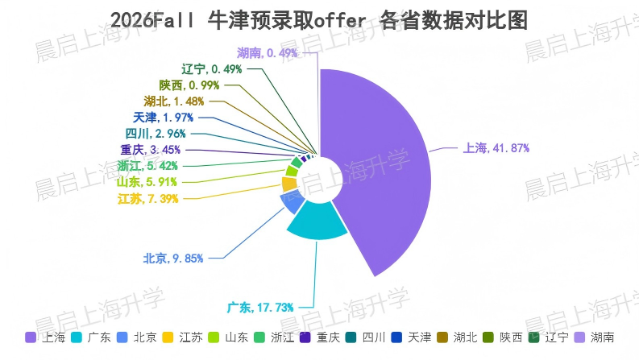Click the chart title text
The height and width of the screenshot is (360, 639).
coord(319,20)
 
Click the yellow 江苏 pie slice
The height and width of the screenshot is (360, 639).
coord(289,184)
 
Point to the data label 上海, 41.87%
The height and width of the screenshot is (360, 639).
coord(496,147)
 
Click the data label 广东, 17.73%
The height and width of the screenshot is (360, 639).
coord(260,307)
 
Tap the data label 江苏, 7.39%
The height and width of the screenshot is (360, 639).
coord(147,198)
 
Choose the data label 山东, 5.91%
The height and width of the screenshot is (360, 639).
coord(147,182)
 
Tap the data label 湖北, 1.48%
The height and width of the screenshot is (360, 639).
coord(174,101)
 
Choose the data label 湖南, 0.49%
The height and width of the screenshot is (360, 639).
coord(268,53)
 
